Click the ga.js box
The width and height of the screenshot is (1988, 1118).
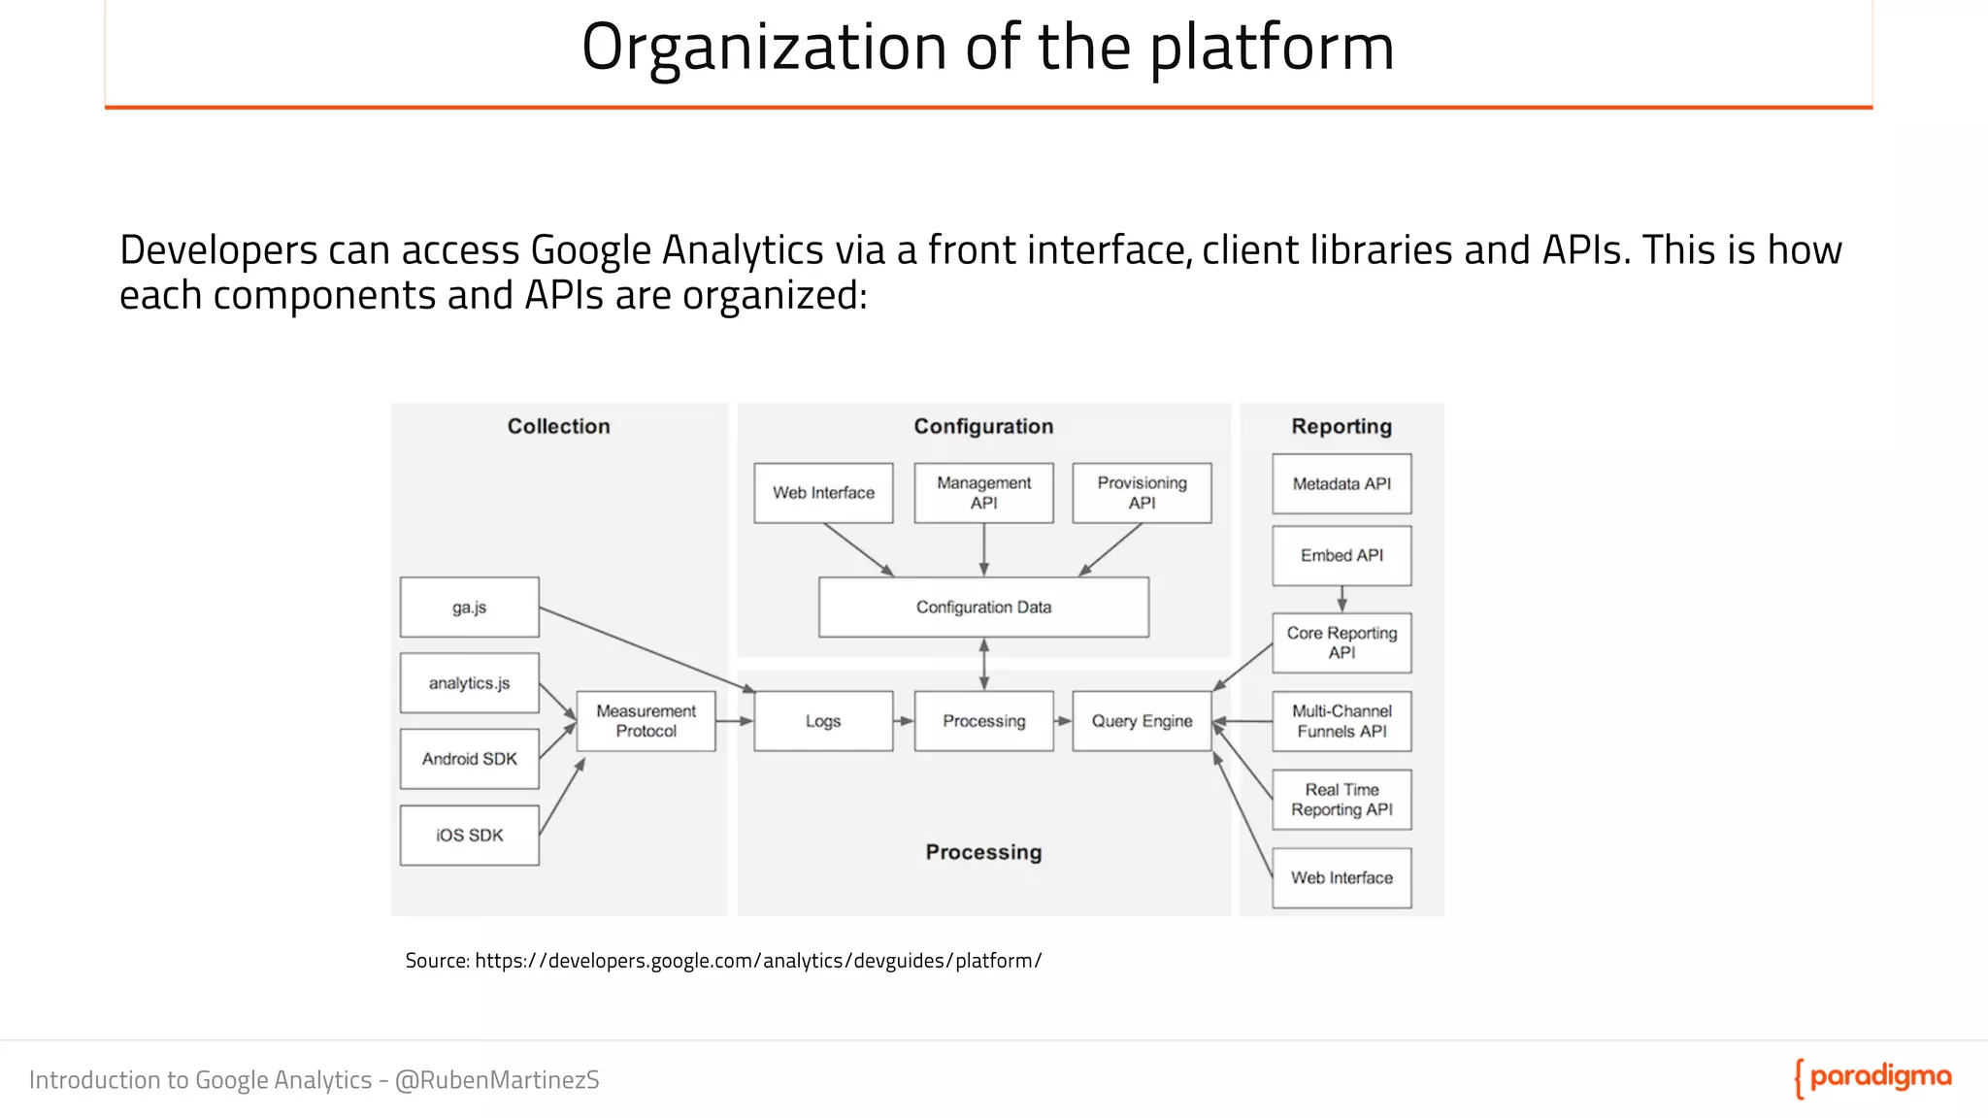[x=469, y=608]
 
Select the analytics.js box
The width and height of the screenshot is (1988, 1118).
[x=469, y=683]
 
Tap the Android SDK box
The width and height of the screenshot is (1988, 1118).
[x=469, y=759]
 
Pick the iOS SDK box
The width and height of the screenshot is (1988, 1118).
[x=469, y=836]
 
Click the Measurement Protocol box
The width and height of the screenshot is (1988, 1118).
[x=646, y=721]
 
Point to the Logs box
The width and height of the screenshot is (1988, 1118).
[x=823, y=721]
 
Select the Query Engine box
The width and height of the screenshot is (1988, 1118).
[x=1142, y=721]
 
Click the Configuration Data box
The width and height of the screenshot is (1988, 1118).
[x=983, y=608]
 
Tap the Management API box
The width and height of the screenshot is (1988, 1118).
[x=983, y=493]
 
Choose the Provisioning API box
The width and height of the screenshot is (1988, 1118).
[x=1142, y=493]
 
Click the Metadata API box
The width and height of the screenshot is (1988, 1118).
[x=1342, y=484]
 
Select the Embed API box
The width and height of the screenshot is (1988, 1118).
[x=1342, y=556]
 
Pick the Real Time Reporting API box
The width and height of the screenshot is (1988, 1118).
[x=1342, y=800]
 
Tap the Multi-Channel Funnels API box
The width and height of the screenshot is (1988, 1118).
[x=1342, y=721]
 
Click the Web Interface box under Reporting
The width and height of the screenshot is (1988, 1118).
[x=1342, y=878]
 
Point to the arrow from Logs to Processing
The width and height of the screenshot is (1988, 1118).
[x=904, y=721]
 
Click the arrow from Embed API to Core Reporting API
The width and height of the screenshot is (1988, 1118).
[x=1342, y=599]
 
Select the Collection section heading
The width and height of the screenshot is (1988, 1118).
[x=558, y=426]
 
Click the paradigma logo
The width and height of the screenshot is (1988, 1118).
[x=1872, y=1078]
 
